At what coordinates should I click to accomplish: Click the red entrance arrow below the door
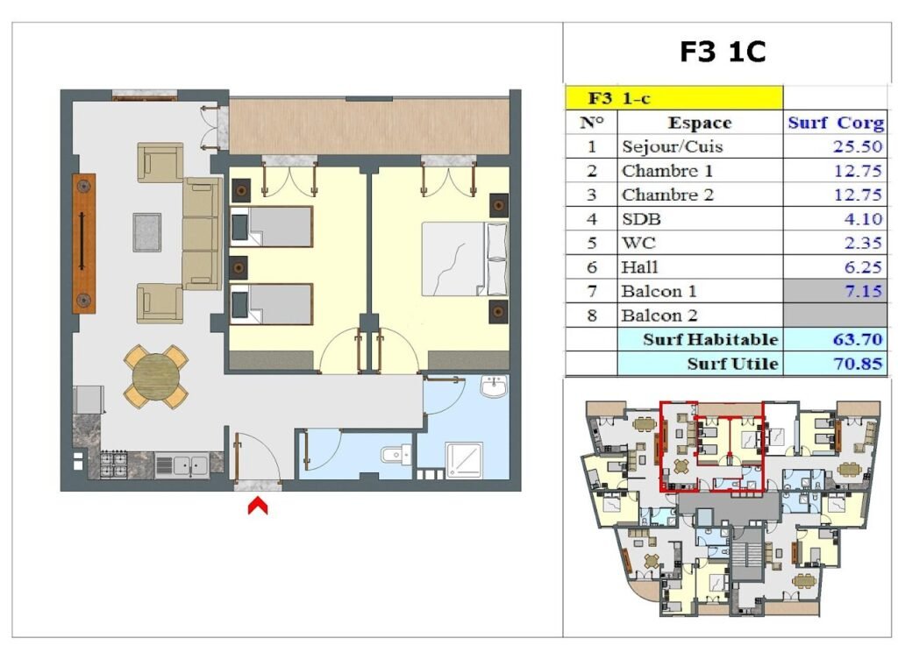pos(258,506)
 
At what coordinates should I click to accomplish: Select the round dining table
pos(156,377)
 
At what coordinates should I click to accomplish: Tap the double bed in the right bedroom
pos(465,259)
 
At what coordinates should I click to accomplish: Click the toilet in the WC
pos(396,455)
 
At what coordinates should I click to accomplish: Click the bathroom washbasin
pos(494,386)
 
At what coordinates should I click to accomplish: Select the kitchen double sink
pos(182,464)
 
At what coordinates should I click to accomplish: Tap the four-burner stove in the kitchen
pos(113,464)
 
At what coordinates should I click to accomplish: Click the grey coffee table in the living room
pos(146,232)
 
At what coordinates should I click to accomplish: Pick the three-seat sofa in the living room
pos(202,234)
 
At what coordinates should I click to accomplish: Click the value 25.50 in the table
pos(858,146)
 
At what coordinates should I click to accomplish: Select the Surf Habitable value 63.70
pos(858,339)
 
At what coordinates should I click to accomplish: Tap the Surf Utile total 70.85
pos(858,364)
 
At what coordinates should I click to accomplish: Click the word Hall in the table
pos(639,267)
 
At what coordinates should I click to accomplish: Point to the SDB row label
pos(641,219)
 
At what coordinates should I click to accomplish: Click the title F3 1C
pos(723,52)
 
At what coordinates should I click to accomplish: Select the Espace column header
pos(700,123)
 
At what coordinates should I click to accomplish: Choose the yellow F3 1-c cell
pos(674,98)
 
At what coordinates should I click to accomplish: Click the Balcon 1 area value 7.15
pos(864,291)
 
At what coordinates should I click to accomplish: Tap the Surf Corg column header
pos(836,123)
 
